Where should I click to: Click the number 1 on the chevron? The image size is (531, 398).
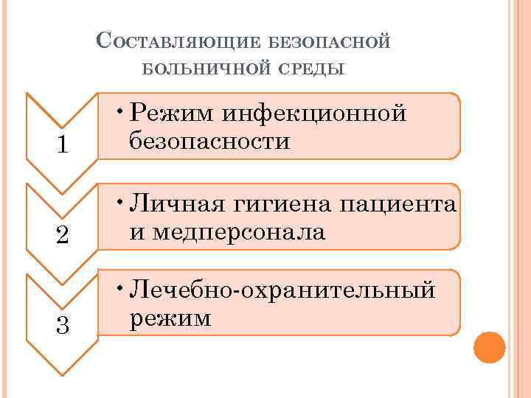point(63,146)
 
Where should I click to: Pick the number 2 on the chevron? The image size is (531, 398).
point(63,235)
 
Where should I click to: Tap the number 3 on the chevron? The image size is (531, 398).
point(63,324)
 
